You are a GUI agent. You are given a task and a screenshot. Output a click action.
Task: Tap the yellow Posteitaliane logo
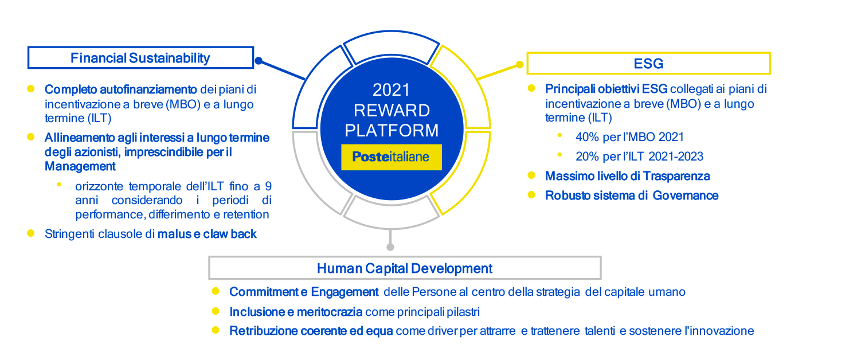click(x=392, y=156)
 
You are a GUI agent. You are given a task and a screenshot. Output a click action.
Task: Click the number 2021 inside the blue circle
click(x=392, y=90)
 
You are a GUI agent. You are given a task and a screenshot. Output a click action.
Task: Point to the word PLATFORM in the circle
click(x=392, y=130)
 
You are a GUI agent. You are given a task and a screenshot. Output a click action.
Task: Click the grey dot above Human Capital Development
click(x=390, y=247)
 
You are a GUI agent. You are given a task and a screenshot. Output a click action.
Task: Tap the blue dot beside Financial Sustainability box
click(x=259, y=61)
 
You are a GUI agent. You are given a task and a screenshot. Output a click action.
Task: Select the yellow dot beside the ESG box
click(x=520, y=65)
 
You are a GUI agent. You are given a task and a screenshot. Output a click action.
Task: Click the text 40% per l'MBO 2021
click(x=629, y=137)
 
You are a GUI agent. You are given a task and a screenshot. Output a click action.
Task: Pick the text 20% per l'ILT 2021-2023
click(x=639, y=156)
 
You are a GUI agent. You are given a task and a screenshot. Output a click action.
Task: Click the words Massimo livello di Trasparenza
click(x=627, y=176)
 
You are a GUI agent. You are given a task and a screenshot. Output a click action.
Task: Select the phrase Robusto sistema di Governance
click(x=632, y=195)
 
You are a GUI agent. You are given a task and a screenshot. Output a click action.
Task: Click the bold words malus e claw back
click(x=207, y=234)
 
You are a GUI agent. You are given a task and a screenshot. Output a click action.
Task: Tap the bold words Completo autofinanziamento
click(x=121, y=89)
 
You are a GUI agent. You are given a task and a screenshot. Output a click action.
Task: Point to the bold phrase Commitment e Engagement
click(x=304, y=292)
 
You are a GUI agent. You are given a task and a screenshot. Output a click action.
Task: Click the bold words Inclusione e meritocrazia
click(x=296, y=312)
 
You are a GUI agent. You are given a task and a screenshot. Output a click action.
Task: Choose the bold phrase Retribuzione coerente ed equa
click(x=311, y=331)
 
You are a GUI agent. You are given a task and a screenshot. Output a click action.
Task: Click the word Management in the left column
click(x=80, y=166)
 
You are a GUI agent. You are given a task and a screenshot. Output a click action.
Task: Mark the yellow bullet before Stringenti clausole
click(x=31, y=233)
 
